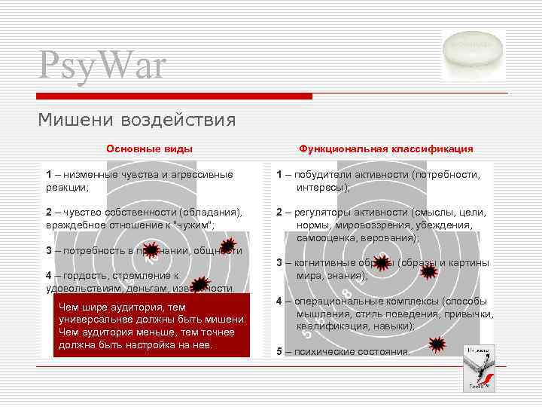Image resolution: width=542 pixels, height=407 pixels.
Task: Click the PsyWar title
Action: click(102, 66)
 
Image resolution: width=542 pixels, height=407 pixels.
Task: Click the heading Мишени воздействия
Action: click(137, 120)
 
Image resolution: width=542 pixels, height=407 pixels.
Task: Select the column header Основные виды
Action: click(149, 149)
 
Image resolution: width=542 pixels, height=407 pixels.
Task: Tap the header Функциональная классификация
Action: click(386, 149)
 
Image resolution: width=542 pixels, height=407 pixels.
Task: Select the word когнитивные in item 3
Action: click(324, 263)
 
